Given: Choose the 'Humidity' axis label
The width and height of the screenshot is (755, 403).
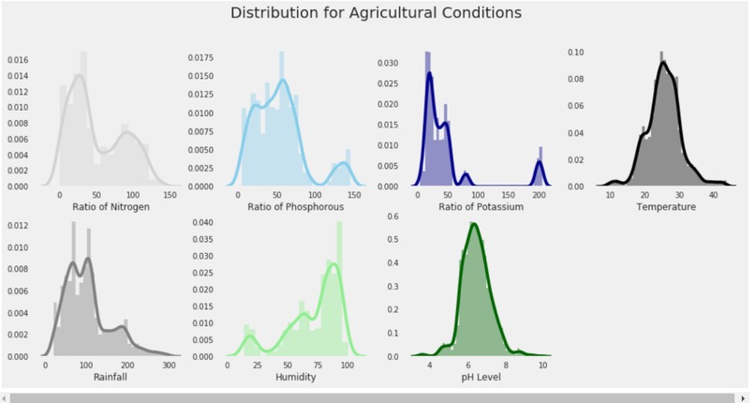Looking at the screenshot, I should [295, 378].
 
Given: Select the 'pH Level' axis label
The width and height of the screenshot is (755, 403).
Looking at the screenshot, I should [480, 378].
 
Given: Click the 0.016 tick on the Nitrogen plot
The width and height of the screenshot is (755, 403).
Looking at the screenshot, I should [19, 59].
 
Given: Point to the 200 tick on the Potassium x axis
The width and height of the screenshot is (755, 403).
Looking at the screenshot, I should [540, 196].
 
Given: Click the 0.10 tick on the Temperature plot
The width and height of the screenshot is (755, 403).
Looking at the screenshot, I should [577, 52].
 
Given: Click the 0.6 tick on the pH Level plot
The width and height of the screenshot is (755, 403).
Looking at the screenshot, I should [393, 216].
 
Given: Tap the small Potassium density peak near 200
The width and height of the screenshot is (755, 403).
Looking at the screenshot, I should [540, 162].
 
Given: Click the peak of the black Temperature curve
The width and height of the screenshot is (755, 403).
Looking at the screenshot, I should [663, 64].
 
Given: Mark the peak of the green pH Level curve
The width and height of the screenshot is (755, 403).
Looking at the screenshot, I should [474, 224].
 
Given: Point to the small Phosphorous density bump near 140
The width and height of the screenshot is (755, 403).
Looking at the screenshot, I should [343, 164].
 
